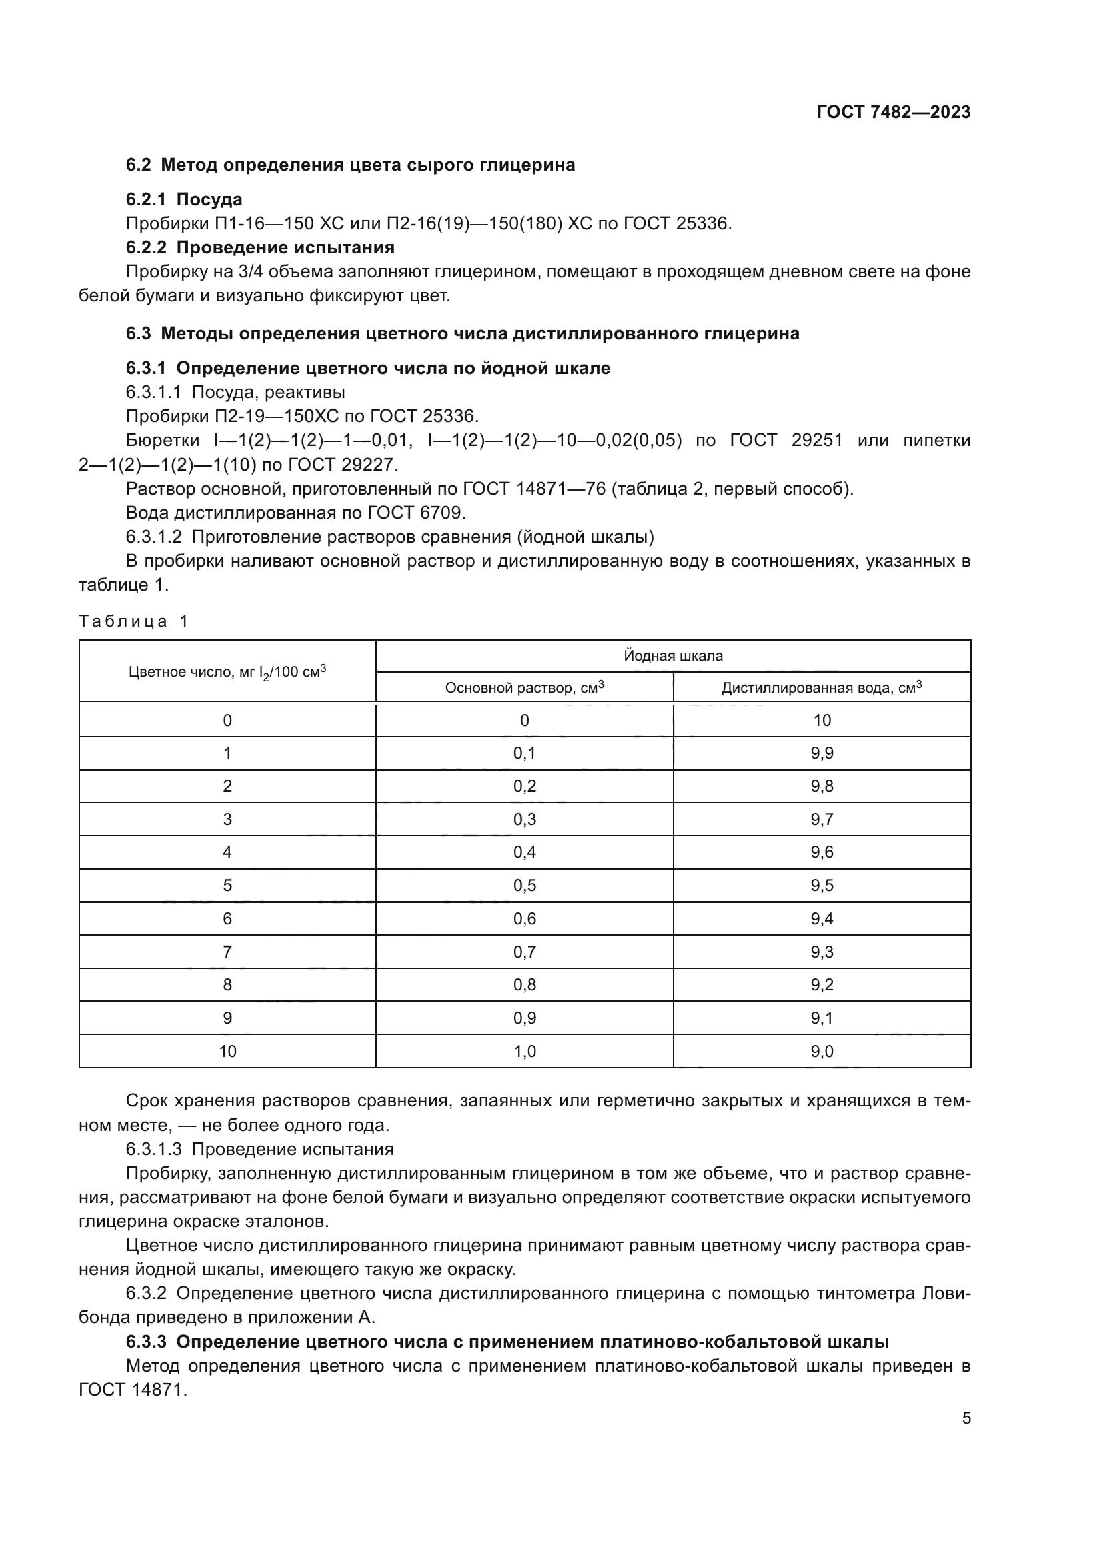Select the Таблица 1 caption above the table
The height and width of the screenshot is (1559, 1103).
133,621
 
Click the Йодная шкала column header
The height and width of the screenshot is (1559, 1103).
672,655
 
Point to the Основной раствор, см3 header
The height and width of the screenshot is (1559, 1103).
524,687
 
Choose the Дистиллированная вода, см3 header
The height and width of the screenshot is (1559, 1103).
821,687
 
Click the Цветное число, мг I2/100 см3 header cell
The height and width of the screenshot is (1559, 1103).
227,672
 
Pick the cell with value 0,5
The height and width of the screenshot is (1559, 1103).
524,885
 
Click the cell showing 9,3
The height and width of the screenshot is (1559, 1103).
821,951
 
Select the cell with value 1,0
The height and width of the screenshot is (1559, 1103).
524,1051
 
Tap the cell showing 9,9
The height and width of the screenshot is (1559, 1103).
821,753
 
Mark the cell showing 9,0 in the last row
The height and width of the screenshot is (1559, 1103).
821,1051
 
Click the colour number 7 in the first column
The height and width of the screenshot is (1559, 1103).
227,951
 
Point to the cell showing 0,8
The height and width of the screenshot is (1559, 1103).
524,984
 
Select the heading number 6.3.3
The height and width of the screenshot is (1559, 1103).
146,1342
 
